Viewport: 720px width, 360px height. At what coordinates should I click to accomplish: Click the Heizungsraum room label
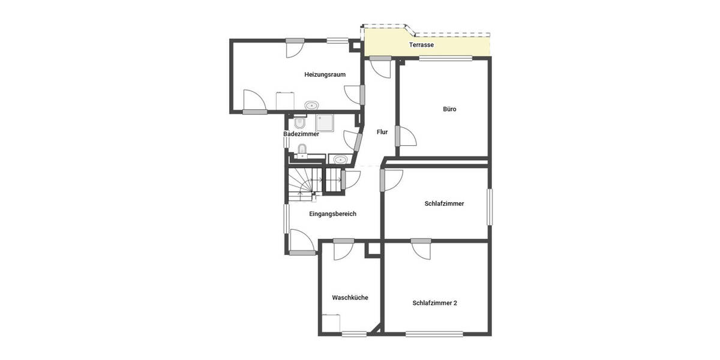[325, 74]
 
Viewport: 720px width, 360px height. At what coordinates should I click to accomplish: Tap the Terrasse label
[421, 45]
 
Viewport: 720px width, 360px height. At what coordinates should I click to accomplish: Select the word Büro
[449, 109]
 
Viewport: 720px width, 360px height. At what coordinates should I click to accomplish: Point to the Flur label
[382, 132]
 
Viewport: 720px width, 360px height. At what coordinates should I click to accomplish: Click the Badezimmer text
[301, 134]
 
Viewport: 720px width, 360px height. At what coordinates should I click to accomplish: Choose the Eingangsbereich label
[332, 214]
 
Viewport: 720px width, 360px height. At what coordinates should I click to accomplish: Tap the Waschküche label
[350, 298]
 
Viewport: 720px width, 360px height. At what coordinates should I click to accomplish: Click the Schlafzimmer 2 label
[434, 303]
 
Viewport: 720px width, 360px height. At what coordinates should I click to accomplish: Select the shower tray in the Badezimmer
[326, 123]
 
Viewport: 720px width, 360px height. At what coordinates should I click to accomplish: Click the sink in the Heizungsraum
[311, 106]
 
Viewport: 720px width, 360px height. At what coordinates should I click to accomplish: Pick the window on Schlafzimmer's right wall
[490, 207]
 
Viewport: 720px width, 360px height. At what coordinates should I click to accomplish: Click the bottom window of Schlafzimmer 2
[434, 334]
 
